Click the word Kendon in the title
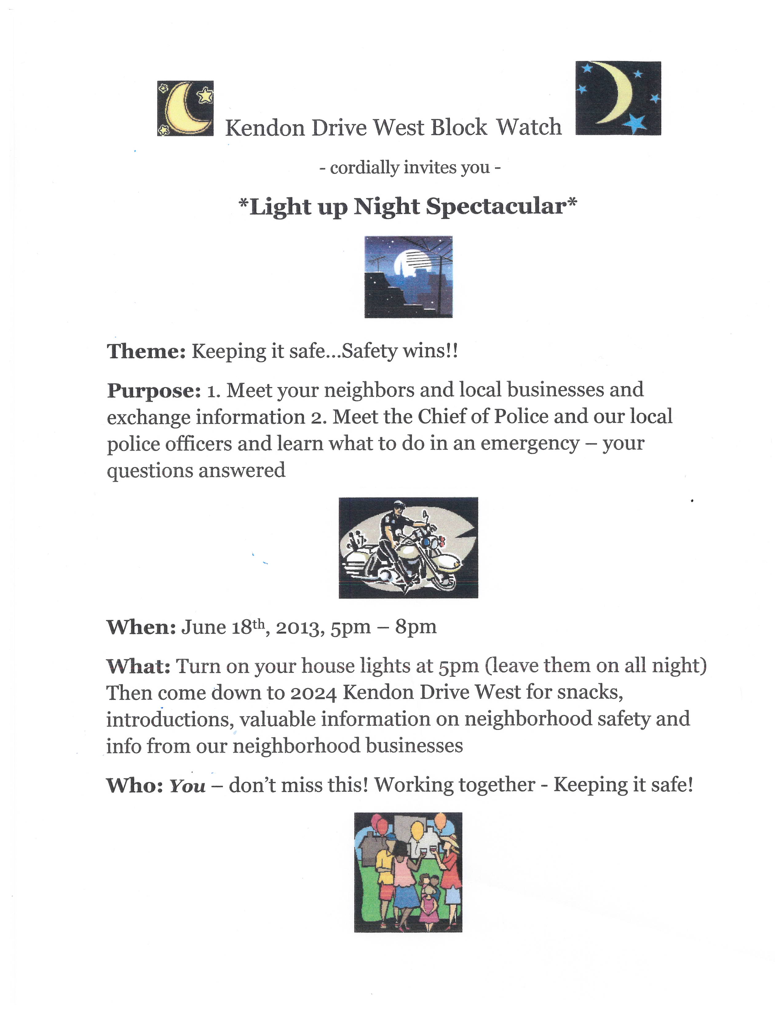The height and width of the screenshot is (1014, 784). (265, 128)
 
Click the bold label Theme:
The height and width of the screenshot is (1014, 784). (146, 352)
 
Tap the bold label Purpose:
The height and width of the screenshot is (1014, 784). (154, 391)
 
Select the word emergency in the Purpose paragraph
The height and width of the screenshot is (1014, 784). (529, 444)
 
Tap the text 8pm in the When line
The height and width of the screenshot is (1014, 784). (415, 627)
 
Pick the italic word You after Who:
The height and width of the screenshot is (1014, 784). (187, 786)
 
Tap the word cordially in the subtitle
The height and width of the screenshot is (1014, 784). (364, 167)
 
